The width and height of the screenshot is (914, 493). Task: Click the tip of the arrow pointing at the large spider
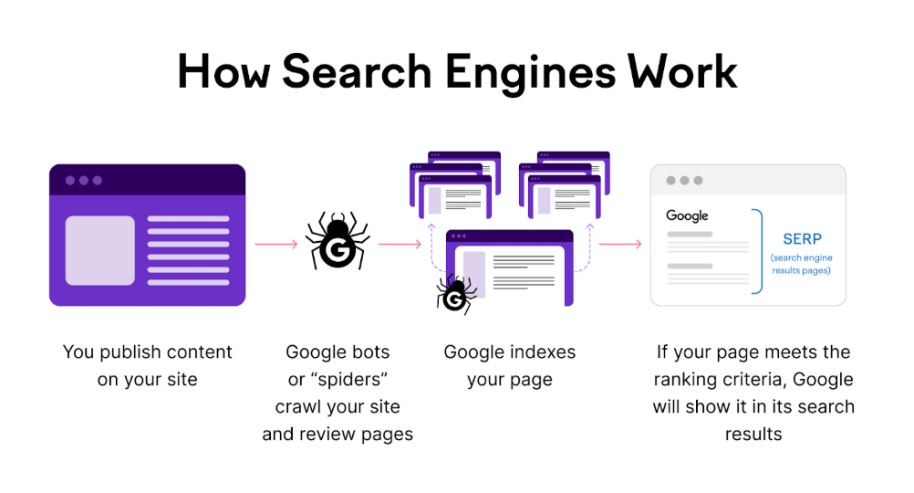tap(298, 244)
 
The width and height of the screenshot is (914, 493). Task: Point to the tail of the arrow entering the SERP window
tap(600, 244)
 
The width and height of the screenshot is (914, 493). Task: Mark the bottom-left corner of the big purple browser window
tap(49, 305)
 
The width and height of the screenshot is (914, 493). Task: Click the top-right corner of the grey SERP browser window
tap(846, 165)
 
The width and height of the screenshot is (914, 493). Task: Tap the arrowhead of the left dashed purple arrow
tap(431, 226)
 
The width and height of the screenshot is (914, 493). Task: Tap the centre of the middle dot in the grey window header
tap(684, 181)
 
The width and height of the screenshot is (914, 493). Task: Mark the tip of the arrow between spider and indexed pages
tap(421, 244)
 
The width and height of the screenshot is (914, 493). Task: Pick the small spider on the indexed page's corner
tap(456, 295)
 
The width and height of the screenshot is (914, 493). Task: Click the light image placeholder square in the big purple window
tap(100, 250)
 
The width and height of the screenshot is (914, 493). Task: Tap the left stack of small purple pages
tap(454, 184)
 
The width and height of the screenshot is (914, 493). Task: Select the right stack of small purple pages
tap(565, 184)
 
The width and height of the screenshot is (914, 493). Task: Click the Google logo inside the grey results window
tap(687, 215)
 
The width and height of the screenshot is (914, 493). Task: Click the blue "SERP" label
tap(802, 238)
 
